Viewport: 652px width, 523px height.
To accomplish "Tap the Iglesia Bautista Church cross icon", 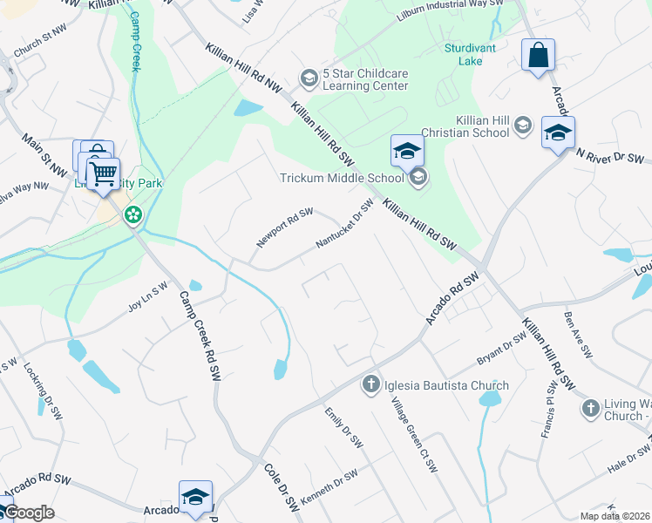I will coord(370,384).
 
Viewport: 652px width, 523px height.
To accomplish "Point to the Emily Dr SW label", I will coord(343,427).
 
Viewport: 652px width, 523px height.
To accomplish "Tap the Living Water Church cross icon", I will coord(590,407).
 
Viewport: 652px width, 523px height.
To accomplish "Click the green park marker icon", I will coord(133,214).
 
